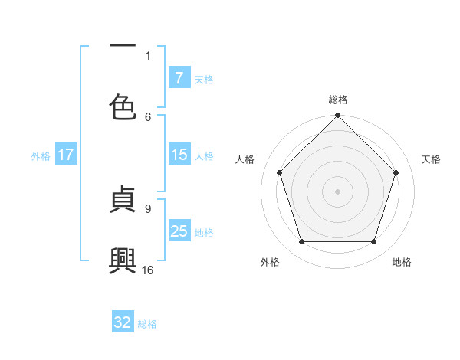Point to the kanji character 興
click(x=123, y=261)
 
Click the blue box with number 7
click(x=179, y=77)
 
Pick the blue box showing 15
click(x=179, y=155)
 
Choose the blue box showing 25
click(x=179, y=231)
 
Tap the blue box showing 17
click(x=66, y=155)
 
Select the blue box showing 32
click(x=123, y=322)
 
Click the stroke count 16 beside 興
click(x=148, y=270)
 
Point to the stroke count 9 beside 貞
click(x=148, y=207)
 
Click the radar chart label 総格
click(x=338, y=100)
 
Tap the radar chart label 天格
click(x=431, y=159)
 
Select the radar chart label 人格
click(x=245, y=159)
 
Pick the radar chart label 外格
click(x=270, y=262)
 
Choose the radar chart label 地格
click(x=402, y=262)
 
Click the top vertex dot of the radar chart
click(x=338, y=116)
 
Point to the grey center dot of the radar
click(x=338, y=191)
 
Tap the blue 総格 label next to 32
click(x=147, y=324)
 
